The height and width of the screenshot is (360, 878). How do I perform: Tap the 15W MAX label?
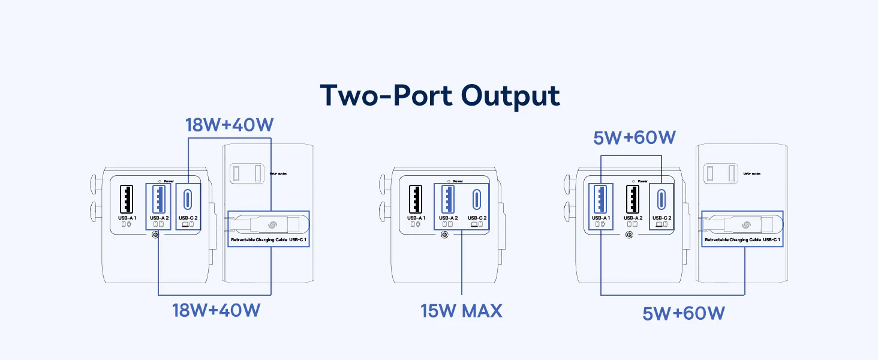tap(461, 311)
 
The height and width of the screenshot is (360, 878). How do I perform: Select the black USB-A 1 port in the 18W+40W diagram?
tap(127, 198)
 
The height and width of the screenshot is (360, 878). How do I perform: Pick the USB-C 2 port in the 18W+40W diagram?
tap(188, 198)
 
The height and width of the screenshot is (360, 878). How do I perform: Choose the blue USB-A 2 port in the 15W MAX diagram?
tap(448, 198)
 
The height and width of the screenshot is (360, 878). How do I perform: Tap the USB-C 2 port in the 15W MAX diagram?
tap(477, 198)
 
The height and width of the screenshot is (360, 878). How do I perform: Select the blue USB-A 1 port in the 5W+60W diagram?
tap(601, 198)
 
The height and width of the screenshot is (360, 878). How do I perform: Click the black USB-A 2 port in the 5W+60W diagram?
tap(633, 198)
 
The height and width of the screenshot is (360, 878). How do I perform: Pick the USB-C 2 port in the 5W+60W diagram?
tap(661, 198)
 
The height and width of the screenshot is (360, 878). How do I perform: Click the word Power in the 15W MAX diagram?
tap(458, 181)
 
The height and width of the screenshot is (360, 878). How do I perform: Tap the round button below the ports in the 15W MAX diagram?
tap(444, 235)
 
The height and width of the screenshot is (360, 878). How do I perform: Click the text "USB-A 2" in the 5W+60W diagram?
tap(633, 218)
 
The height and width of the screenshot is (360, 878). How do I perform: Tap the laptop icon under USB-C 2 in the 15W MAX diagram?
tap(474, 224)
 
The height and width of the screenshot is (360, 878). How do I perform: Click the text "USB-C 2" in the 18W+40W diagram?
tap(188, 218)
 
